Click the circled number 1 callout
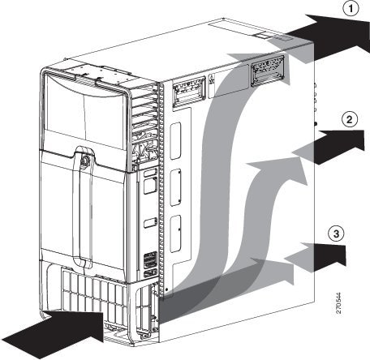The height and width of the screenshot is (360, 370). click(x=351, y=9)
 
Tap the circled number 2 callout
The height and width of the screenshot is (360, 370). click(x=350, y=119)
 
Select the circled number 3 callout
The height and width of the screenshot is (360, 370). click(x=336, y=234)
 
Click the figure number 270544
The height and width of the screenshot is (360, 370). click(x=338, y=302)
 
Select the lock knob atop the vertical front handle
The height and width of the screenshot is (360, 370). click(x=85, y=160)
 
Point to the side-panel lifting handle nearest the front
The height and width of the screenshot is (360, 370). click(x=189, y=92)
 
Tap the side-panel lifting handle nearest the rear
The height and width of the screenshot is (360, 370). click(x=268, y=71)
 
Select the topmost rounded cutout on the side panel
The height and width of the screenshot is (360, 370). click(x=175, y=140)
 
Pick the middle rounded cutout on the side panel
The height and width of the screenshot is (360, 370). click(x=175, y=187)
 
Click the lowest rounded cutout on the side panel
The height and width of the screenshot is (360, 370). click(x=175, y=234)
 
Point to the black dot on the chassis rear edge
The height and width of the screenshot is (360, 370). click(x=316, y=124)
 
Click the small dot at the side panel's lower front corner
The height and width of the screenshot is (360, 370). click(x=166, y=289)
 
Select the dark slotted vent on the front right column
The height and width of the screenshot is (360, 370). click(x=150, y=260)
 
